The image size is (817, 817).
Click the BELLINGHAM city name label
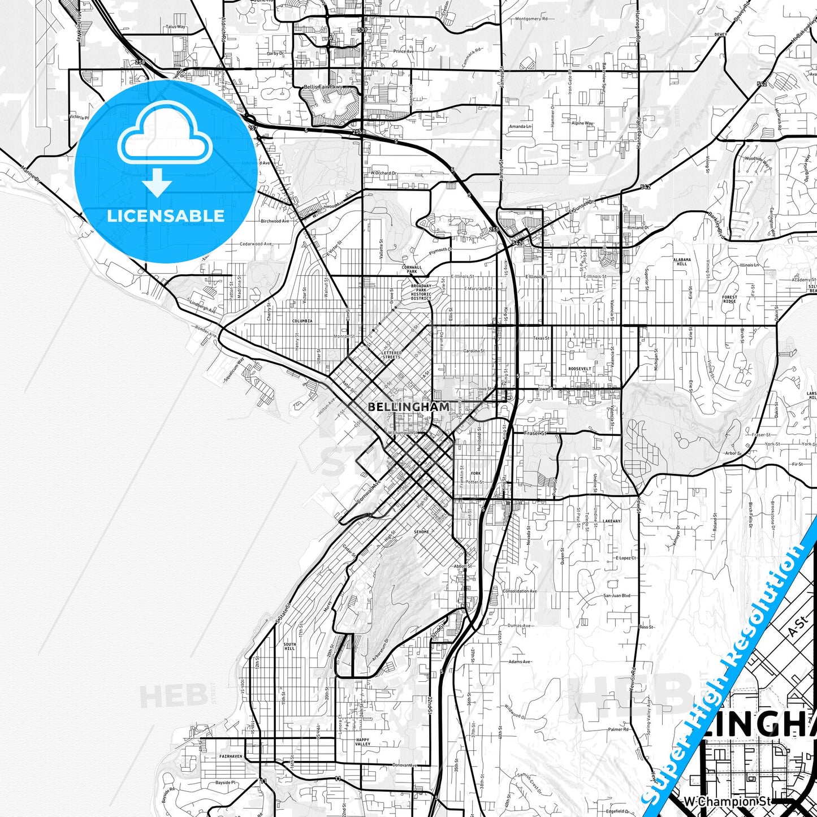409,407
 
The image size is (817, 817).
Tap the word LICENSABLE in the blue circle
166,216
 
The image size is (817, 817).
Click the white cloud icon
165,135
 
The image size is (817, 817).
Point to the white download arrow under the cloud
157,183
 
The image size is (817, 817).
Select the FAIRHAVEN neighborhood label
231,756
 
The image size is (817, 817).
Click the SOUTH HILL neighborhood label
289,646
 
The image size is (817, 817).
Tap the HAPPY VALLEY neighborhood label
362,742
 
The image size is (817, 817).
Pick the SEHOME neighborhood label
421,532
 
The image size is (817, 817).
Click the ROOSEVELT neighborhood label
580,369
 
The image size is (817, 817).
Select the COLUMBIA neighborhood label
302,321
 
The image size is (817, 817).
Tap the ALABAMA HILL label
682,262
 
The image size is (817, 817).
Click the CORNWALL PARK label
412,269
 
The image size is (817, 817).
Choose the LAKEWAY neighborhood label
611,521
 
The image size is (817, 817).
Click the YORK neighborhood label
475,473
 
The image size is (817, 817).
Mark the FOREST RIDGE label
729,299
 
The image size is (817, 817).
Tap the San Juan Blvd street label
616,595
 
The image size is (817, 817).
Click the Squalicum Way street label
234,371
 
